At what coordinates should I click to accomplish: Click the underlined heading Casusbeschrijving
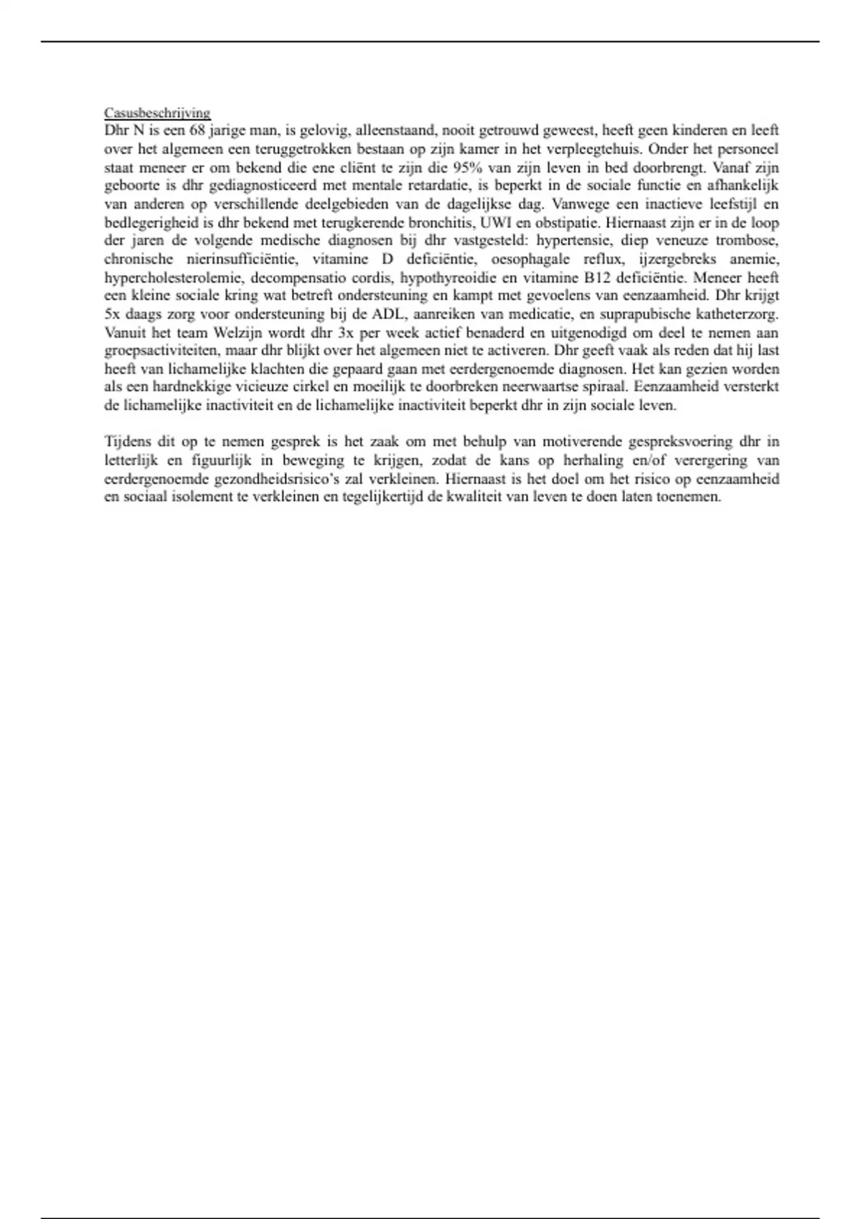(157, 113)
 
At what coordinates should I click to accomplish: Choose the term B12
(602, 278)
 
